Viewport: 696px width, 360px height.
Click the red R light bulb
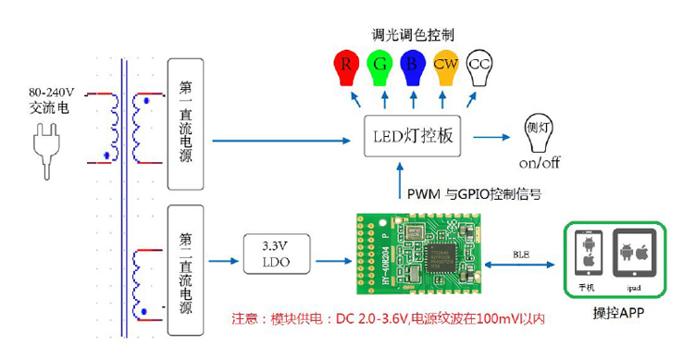tap(346, 67)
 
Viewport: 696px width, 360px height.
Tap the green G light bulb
tap(379, 67)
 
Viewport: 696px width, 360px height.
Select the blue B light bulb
tap(413, 67)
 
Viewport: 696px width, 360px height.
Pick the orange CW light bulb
tap(446, 67)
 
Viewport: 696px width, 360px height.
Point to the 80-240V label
tap(52, 93)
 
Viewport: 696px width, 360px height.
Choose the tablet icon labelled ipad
tap(636, 256)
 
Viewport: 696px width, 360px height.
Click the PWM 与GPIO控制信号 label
tap(474, 194)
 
